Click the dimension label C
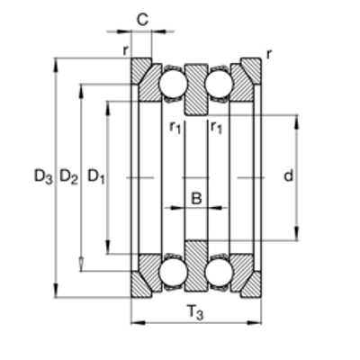point(142,20)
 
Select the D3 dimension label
point(43,176)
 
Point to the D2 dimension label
point(68,176)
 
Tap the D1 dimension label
point(96,176)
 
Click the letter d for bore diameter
point(288,175)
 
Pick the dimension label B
point(196,198)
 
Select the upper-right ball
point(219,84)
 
